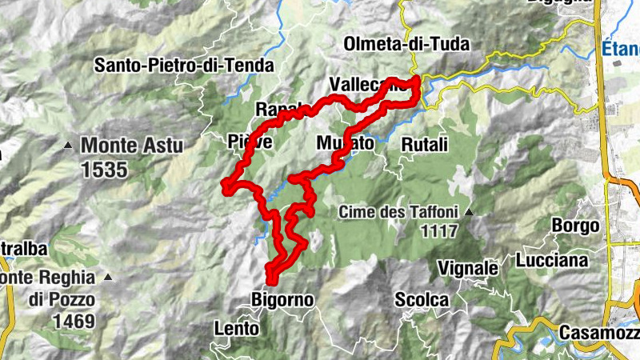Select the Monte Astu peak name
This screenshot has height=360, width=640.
tap(131, 146)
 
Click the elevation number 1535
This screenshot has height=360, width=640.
tap(104, 170)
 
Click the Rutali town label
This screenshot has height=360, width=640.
tap(424, 144)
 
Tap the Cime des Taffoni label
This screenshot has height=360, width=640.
tap(397, 212)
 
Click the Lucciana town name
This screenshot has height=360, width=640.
tap(552, 260)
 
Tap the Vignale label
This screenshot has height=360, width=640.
tap(468, 267)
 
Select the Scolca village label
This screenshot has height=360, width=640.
tap(422, 300)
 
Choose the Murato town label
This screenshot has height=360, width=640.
tap(345, 144)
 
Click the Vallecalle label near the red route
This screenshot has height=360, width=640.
tap(364, 86)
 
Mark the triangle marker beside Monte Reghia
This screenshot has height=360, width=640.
tap(107, 277)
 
